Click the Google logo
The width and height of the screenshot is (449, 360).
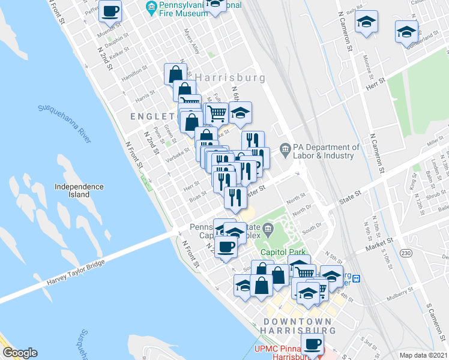[20, 353]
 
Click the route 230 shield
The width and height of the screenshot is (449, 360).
[407, 254]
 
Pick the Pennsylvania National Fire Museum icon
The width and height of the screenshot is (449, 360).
[150, 7]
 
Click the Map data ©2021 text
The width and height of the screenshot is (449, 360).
[423, 355]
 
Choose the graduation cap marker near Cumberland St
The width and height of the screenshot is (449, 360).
[406, 32]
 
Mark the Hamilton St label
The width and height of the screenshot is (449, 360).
[133, 73]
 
